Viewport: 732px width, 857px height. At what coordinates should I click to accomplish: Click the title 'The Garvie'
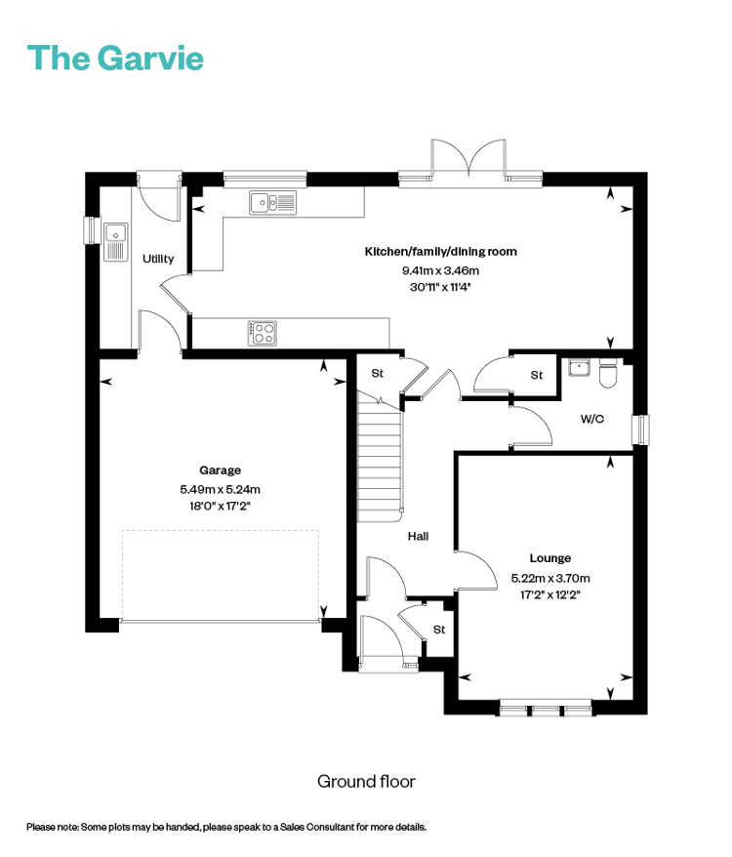115,58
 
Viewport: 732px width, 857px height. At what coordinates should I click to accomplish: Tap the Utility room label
158,259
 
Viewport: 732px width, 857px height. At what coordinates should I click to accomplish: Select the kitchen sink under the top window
272,202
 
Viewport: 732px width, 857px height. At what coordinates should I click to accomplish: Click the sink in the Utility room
115,241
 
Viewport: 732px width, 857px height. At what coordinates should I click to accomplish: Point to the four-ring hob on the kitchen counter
263,333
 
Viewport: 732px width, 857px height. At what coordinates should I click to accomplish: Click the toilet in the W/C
608,373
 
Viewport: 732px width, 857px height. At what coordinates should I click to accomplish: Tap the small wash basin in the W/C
579,367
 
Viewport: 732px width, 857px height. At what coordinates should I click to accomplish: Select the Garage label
220,470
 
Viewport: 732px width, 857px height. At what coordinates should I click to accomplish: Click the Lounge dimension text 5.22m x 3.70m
550,578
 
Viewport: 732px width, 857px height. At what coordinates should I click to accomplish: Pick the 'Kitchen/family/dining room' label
440,252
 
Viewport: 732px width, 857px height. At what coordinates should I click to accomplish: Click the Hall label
418,536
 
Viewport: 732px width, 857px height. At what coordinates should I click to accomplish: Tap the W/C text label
592,419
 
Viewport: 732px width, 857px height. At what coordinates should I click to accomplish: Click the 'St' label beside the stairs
377,373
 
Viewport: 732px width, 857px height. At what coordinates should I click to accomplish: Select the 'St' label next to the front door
439,630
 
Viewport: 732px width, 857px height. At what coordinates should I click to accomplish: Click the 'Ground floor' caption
366,782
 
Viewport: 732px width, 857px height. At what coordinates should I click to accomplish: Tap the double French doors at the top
468,158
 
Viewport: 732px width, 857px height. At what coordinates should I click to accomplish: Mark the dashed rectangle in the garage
221,575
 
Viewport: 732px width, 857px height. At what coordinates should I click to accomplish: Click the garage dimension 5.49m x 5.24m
220,489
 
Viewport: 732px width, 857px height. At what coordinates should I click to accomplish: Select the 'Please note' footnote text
226,827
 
